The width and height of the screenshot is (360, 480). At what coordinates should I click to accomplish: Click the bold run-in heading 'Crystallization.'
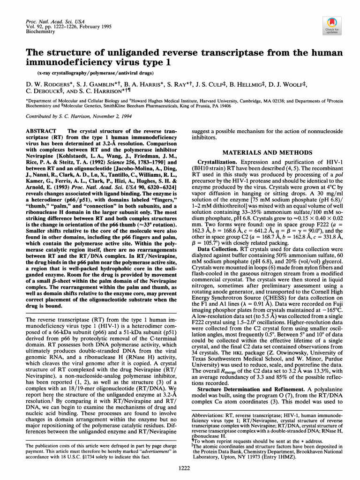click(x=216, y=161)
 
